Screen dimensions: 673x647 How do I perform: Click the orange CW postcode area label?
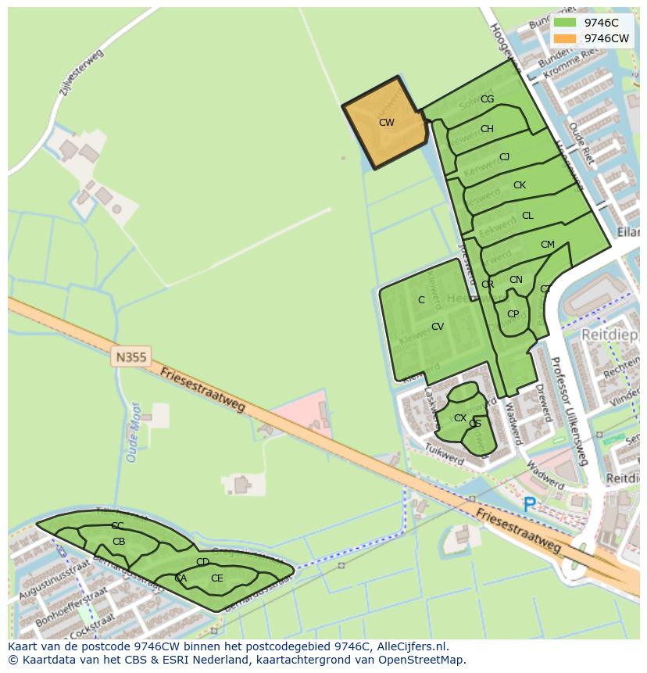coord(386,123)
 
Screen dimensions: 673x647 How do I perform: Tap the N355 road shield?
coord(130,357)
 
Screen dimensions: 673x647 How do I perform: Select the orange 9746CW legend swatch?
coord(564,38)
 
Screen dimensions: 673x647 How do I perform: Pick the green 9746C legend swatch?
coord(564,23)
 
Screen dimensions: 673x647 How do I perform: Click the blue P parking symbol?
coord(530,506)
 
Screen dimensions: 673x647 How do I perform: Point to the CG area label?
coord(487,99)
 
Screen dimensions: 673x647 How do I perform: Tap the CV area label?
coord(438,327)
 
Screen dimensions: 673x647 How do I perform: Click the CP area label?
coord(513,314)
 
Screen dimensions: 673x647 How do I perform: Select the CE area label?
coord(216,578)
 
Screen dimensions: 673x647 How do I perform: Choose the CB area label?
coord(119,542)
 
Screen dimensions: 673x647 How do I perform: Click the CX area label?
coord(460,418)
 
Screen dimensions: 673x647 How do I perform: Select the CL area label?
coord(527,216)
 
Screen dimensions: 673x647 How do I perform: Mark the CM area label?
coord(547,245)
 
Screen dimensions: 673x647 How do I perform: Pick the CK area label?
coord(520,185)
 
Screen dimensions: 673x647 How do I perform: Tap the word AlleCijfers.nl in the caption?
coord(411,646)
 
